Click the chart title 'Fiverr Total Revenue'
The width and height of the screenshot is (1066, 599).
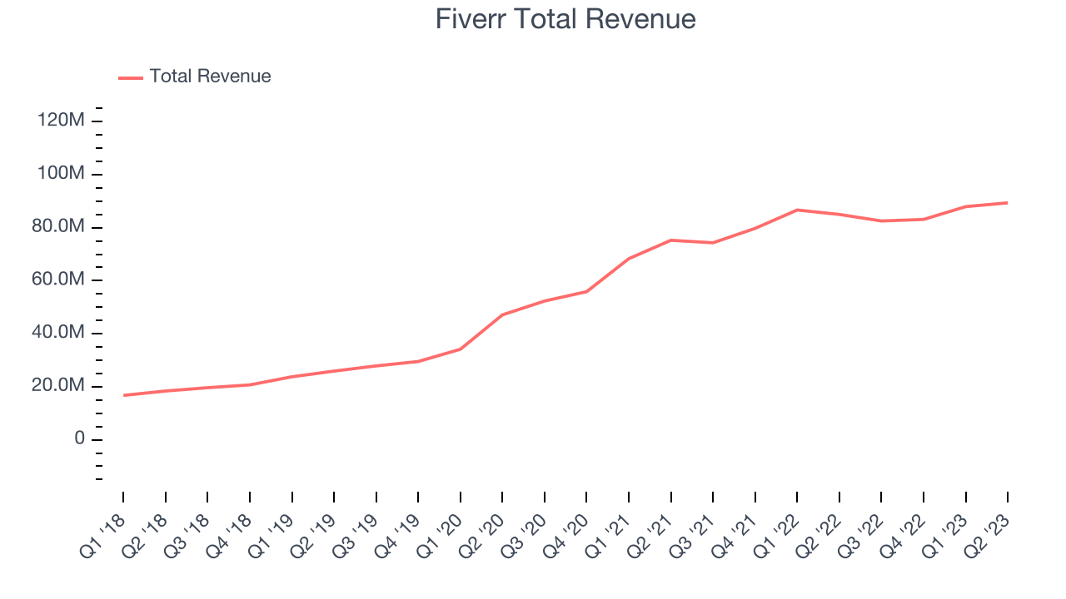point(565,19)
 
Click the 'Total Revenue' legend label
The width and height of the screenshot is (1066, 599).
point(210,77)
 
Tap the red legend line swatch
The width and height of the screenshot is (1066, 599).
point(131,77)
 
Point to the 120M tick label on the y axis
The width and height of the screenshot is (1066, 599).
point(61,121)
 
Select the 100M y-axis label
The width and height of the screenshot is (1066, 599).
point(61,174)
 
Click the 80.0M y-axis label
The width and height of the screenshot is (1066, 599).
point(58,227)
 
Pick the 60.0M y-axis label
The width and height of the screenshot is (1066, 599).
point(58,280)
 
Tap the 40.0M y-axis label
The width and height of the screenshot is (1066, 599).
point(58,333)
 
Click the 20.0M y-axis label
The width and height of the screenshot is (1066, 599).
point(58,386)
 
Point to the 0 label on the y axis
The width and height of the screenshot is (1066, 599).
point(80,438)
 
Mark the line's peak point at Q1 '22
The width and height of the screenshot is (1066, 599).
point(797,210)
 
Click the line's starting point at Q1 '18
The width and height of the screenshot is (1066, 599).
point(123,395)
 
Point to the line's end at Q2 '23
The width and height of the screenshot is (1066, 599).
point(1008,202)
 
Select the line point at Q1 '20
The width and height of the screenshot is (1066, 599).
point(461,349)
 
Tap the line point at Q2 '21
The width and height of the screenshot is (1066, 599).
point(670,240)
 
